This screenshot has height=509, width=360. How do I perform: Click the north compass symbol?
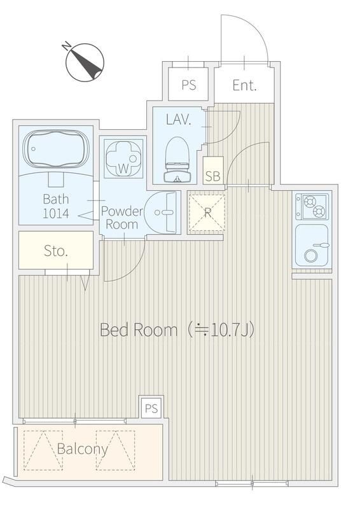pyautogui.click(x=85, y=62)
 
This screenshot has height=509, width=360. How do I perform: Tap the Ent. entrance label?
pyautogui.click(x=244, y=85)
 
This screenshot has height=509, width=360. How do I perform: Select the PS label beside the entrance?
pyautogui.click(x=189, y=85)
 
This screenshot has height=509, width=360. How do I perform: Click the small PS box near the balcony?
pyautogui.click(x=151, y=408)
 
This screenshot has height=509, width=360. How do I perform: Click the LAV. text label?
pyautogui.click(x=178, y=120)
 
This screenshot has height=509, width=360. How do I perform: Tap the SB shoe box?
pyautogui.click(x=213, y=171)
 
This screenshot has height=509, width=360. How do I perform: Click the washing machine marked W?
pyautogui.click(x=123, y=158)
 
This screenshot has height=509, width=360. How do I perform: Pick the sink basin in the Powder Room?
pyautogui.click(x=162, y=213)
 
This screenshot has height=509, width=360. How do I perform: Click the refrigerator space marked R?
pyautogui.click(x=207, y=213)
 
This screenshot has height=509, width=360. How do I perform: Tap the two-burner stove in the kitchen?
pyautogui.click(x=312, y=206)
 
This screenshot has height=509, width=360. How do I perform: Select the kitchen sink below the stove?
pyautogui.click(x=311, y=245)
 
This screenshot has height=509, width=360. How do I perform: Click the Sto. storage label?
pyautogui.click(x=56, y=251)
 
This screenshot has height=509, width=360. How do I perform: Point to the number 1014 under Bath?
pyautogui.click(x=56, y=213)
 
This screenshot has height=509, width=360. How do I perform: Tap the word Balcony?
pyautogui.click(x=82, y=449)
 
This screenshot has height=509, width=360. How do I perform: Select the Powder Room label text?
pyautogui.click(x=121, y=218)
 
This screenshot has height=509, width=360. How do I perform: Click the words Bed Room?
pyautogui.click(x=139, y=330)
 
